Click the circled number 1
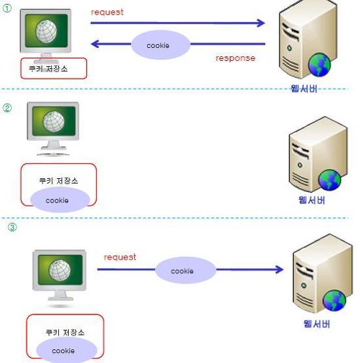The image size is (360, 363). pyautogui.click(x=7, y=9)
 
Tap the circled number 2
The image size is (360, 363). pyautogui.click(x=7, y=108)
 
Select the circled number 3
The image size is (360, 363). pyautogui.click(x=12, y=227)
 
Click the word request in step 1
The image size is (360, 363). pyautogui.click(x=107, y=12)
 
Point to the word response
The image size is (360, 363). pyautogui.click(x=236, y=58)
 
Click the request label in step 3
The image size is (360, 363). pyautogui.click(x=120, y=258)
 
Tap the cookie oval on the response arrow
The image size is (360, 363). pyautogui.click(x=160, y=45)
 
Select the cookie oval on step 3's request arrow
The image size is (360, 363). pyautogui.click(x=185, y=270)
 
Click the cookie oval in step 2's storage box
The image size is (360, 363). pyautogui.click(x=60, y=200)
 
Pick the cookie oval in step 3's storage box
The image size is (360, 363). pyautogui.click(x=67, y=350)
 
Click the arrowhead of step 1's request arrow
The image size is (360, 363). pyautogui.click(x=261, y=23)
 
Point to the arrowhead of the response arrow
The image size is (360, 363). pyautogui.click(x=95, y=44)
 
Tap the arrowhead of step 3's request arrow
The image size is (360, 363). pyautogui.click(x=279, y=269)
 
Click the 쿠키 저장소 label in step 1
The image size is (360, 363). pyautogui.click(x=48, y=69)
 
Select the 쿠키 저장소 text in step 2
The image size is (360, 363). pyautogui.click(x=59, y=181)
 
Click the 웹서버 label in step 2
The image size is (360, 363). pyautogui.click(x=312, y=200)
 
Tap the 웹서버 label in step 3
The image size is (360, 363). pyautogui.click(x=317, y=324)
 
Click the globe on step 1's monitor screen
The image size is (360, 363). pyautogui.click(x=46, y=31)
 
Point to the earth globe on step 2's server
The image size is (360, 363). pyautogui.click(x=329, y=180)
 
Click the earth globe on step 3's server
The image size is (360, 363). pyautogui.click(x=334, y=301)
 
